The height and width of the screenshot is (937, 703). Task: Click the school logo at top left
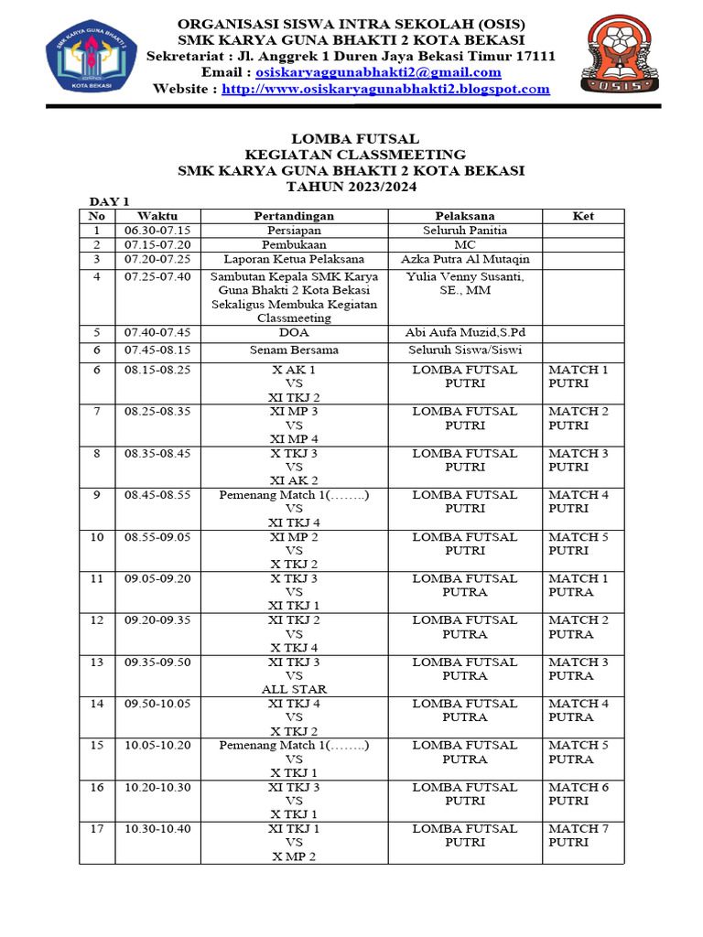pos(92,57)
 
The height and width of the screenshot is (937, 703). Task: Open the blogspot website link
pos(385,89)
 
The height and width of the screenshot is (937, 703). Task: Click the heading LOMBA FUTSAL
pos(351,138)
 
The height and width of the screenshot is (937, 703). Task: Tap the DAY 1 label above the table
pos(109,201)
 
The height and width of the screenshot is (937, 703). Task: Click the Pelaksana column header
pos(465,216)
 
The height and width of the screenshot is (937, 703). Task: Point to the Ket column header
pos(583,216)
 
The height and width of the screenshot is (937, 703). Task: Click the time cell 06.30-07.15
pos(157,231)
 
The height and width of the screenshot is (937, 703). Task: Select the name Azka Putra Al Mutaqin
pos(465,259)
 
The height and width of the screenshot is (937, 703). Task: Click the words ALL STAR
pos(294,689)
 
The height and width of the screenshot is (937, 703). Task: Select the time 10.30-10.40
pos(157,829)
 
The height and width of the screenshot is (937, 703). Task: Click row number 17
pos(97,829)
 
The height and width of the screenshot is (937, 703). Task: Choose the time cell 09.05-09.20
pos(157,578)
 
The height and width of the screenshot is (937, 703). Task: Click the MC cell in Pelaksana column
pos(465,245)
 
